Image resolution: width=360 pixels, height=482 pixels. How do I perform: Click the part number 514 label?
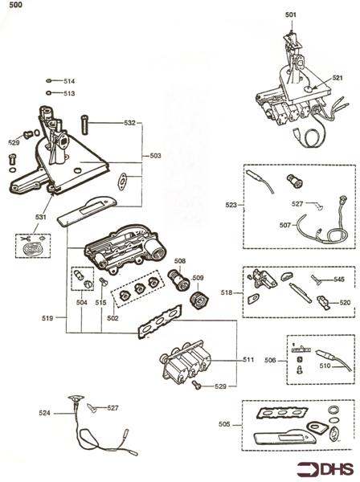(x=69, y=81)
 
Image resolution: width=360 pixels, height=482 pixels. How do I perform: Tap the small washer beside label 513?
(x=48, y=93)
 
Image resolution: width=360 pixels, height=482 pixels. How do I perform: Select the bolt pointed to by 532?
(x=85, y=125)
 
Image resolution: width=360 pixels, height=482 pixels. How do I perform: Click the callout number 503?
(x=156, y=156)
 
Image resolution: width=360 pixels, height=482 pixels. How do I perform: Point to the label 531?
(x=41, y=217)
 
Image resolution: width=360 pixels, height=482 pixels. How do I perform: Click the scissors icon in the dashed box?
(x=25, y=239)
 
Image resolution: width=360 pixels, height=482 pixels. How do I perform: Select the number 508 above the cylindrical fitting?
(x=180, y=261)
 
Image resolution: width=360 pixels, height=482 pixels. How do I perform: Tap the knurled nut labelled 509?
(x=200, y=300)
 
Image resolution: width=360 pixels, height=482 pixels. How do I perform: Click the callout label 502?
(x=112, y=318)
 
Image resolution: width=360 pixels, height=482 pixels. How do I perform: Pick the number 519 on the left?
(x=47, y=318)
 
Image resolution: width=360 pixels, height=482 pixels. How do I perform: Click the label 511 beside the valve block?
(x=248, y=359)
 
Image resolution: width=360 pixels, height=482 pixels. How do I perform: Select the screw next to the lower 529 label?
(x=196, y=385)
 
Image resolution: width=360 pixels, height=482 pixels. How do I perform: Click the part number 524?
(x=44, y=413)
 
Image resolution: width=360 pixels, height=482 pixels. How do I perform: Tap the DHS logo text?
(x=337, y=469)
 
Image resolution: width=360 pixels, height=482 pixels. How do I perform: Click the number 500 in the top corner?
(x=16, y=4)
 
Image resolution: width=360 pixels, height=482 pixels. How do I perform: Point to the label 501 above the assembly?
(x=291, y=14)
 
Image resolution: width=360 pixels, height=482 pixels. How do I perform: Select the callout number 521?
(x=337, y=78)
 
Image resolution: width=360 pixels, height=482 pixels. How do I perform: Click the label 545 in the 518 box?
(x=339, y=280)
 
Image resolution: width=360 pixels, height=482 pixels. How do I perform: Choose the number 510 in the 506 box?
(x=325, y=366)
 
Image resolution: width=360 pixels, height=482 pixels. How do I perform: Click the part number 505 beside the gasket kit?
(x=224, y=424)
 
